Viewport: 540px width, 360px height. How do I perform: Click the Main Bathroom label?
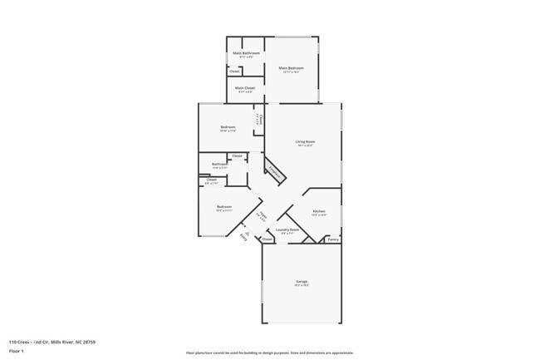[246, 53]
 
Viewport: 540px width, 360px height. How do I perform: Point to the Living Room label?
[305, 142]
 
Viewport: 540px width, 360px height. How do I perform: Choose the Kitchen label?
[319, 212]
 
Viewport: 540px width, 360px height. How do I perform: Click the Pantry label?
[332, 239]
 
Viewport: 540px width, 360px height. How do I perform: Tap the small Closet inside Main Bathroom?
[235, 72]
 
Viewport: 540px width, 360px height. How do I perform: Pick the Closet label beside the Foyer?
[268, 239]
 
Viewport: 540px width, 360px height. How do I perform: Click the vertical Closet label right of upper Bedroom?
[259, 120]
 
